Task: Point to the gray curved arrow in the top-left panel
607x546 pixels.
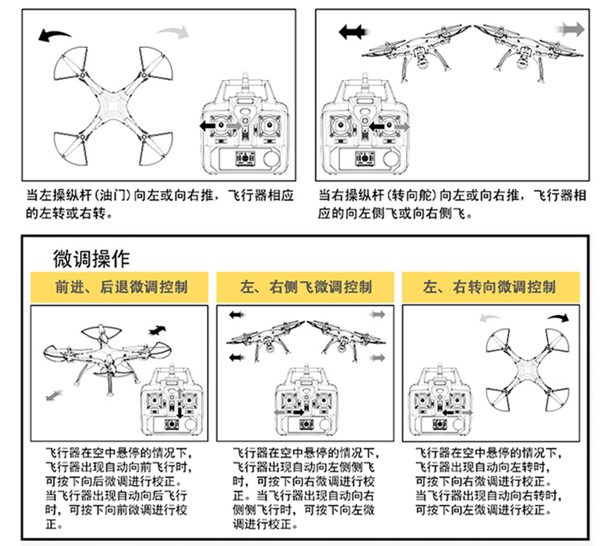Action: [173, 31]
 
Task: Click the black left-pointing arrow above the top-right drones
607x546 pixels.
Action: [351, 32]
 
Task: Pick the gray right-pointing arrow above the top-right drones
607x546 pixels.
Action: [571, 30]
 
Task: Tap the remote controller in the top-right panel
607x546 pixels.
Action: [365, 128]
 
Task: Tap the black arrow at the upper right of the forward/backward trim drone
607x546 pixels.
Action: [161, 329]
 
